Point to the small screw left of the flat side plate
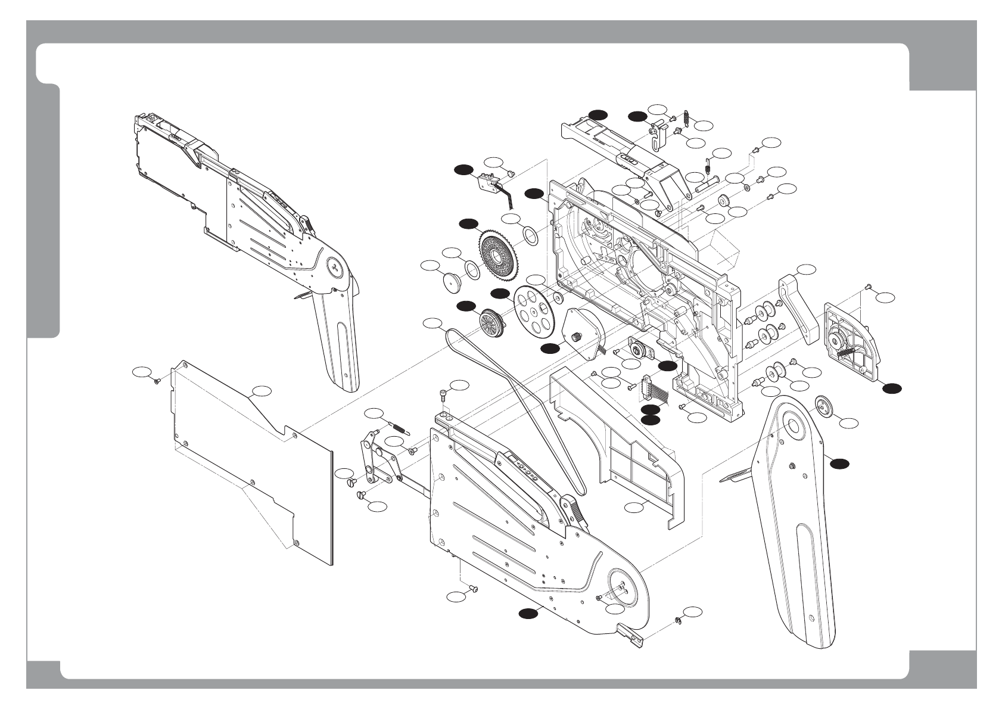[156, 380]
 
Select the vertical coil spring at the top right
[685, 121]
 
